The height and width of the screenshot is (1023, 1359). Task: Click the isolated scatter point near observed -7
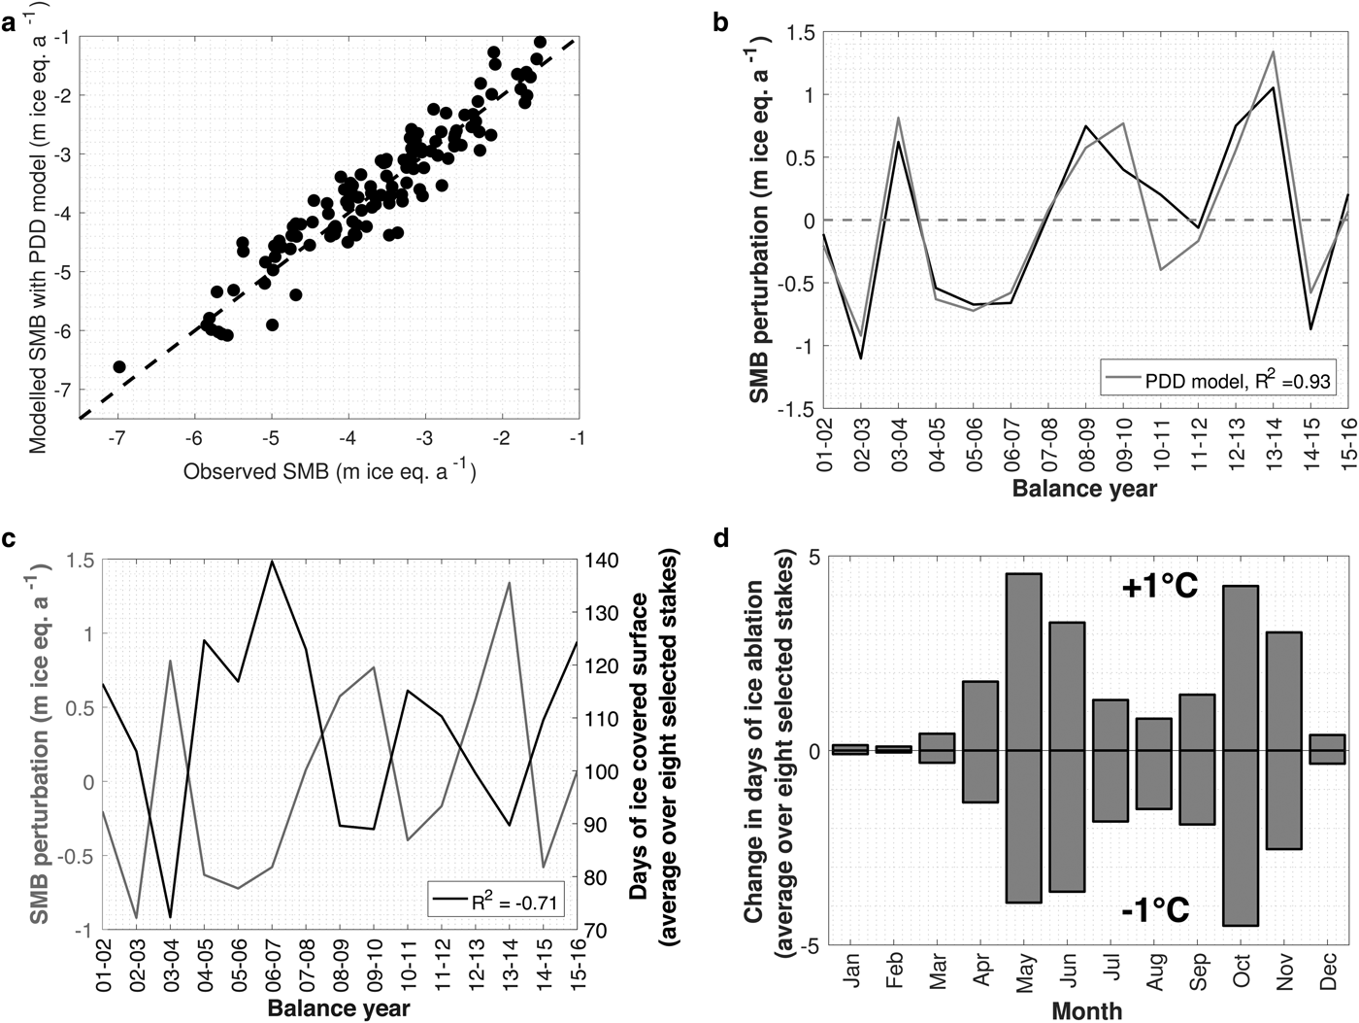[x=119, y=366]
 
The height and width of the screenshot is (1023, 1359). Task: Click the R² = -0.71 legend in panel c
[x=496, y=901]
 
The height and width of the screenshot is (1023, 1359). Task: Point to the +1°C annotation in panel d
[x=1160, y=586]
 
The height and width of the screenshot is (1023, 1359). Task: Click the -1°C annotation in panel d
[x=1155, y=910]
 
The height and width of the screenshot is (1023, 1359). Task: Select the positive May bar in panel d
[x=1023, y=662]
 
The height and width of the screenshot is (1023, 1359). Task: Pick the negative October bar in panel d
[x=1242, y=837]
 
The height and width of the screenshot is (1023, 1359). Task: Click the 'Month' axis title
[x=1087, y=1010]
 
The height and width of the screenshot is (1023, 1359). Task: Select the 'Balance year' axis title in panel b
[x=1084, y=488]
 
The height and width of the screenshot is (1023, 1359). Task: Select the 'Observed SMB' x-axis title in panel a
[x=329, y=472]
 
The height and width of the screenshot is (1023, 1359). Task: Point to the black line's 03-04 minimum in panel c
[x=171, y=916]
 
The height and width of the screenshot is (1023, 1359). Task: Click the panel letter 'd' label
[x=721, y=537]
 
